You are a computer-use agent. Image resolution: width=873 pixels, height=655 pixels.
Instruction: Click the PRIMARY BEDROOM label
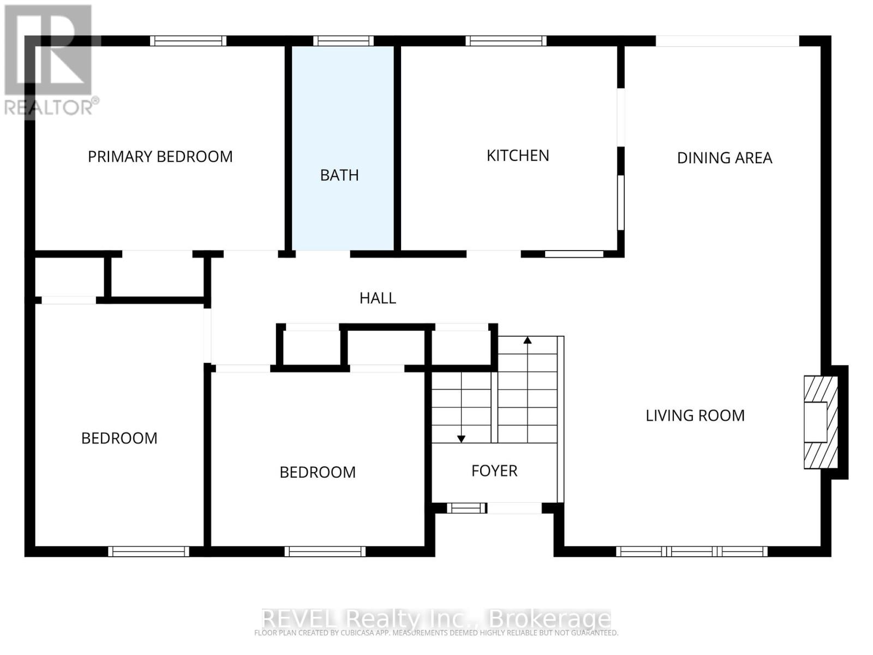160,157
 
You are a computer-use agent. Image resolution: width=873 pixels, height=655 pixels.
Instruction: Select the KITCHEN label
517,156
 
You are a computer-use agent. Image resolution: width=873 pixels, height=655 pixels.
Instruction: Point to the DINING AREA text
724,158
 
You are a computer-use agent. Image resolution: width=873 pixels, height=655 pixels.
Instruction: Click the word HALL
378,298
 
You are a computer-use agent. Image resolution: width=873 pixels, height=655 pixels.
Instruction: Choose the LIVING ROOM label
695,415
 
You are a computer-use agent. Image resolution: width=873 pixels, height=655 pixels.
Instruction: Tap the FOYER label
494,471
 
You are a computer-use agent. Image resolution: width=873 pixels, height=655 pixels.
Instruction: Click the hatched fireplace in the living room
820,421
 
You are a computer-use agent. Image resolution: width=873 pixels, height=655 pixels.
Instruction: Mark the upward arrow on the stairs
527,341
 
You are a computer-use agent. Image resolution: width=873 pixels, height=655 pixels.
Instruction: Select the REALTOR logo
49,60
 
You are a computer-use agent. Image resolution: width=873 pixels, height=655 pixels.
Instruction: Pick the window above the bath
343,41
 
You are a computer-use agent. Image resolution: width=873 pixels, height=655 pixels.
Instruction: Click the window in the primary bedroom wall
188,41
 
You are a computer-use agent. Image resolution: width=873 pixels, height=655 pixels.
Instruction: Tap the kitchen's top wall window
506,41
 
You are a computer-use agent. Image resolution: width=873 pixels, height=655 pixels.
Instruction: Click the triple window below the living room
691,551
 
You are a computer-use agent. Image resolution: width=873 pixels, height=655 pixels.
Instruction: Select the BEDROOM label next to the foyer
317,472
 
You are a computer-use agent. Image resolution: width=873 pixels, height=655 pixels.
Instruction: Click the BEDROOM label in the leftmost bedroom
119,438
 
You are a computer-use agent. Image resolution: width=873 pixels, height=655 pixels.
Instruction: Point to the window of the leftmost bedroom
148,551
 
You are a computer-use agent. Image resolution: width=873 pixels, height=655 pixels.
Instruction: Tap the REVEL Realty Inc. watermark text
435,619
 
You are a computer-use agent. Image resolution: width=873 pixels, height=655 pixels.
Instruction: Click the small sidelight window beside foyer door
467,508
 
